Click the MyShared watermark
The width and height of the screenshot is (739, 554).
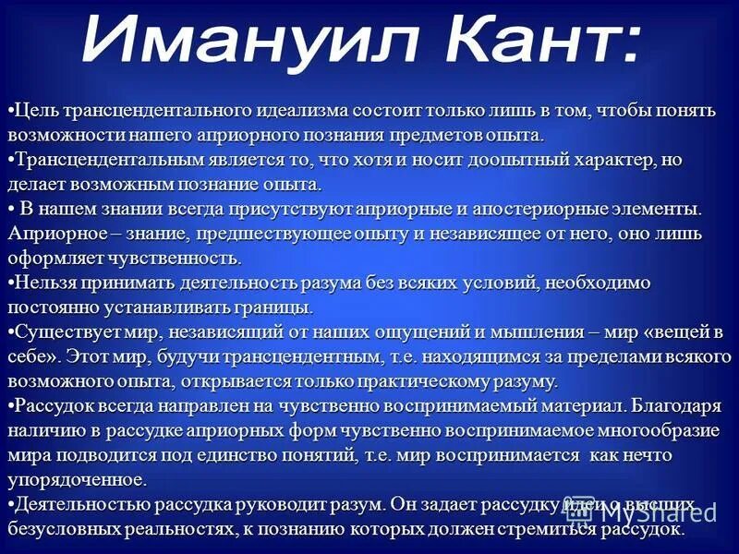click(x=657, y=513)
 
